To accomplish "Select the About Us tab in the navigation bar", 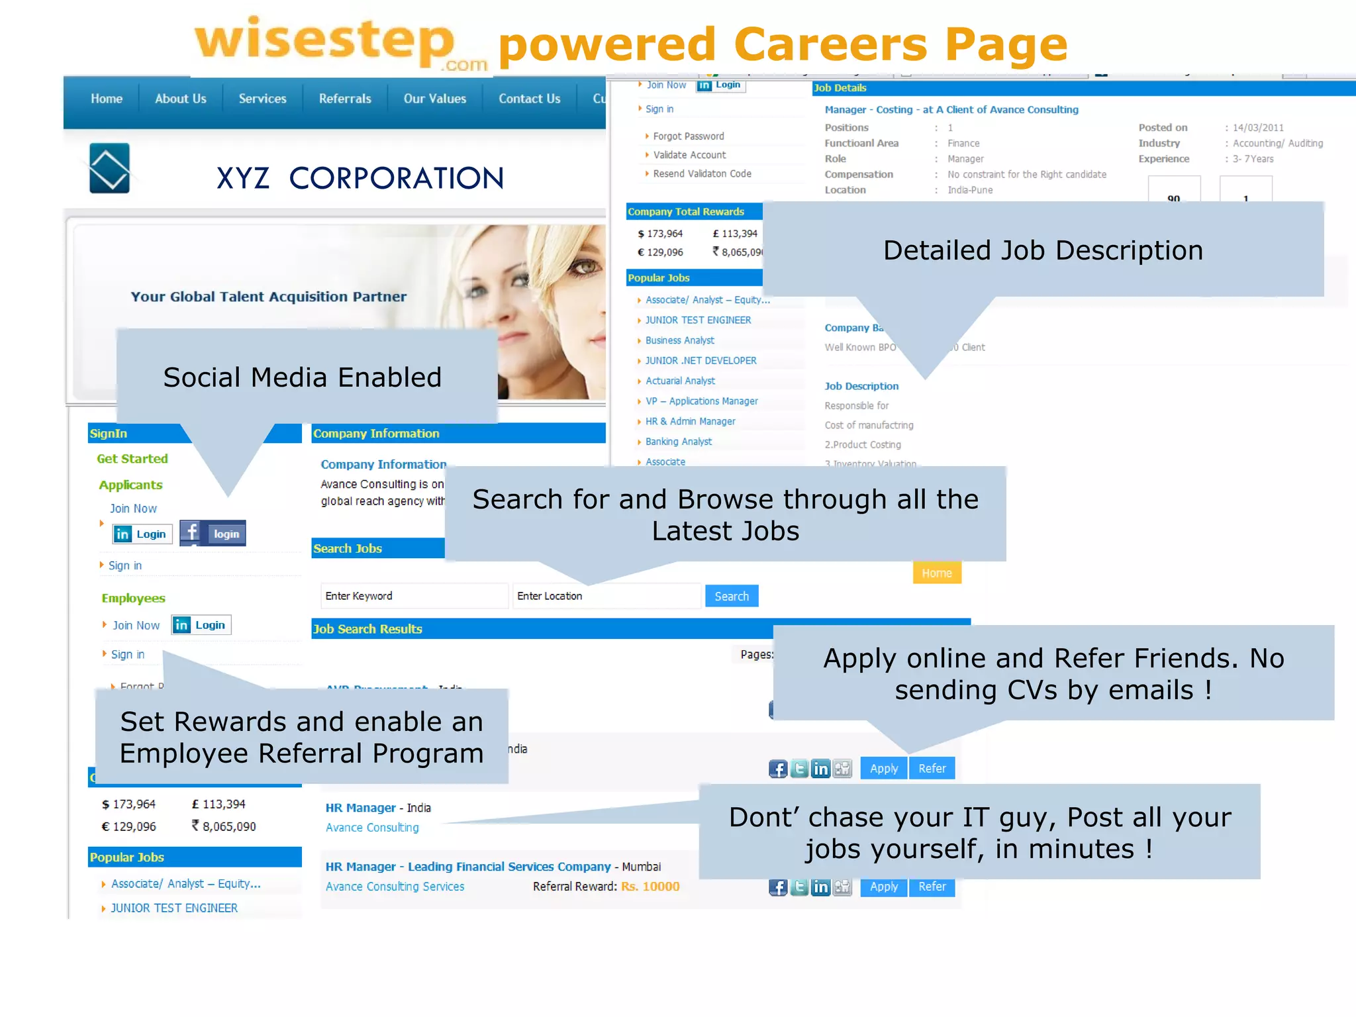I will [180, 99].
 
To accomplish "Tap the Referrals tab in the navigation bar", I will [345, 99].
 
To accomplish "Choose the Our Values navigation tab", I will [434, 99].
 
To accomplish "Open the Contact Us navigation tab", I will [529, 99].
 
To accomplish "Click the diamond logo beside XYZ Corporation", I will [109, 168].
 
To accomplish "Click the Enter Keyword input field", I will [414, 596].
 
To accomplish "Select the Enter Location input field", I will [606, 596].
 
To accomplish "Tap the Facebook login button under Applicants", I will [213, 534].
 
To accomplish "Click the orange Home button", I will [936, 573].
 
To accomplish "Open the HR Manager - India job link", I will [377, 808].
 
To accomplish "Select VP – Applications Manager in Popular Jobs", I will [701, 401].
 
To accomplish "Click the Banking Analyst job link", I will [678, 442].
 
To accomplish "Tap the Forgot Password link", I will [688, 136].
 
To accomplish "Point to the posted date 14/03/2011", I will [1257, 128].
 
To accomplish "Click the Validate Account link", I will [689, 155].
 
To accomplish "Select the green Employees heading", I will [133, 598].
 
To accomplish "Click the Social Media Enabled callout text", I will [302, 377].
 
